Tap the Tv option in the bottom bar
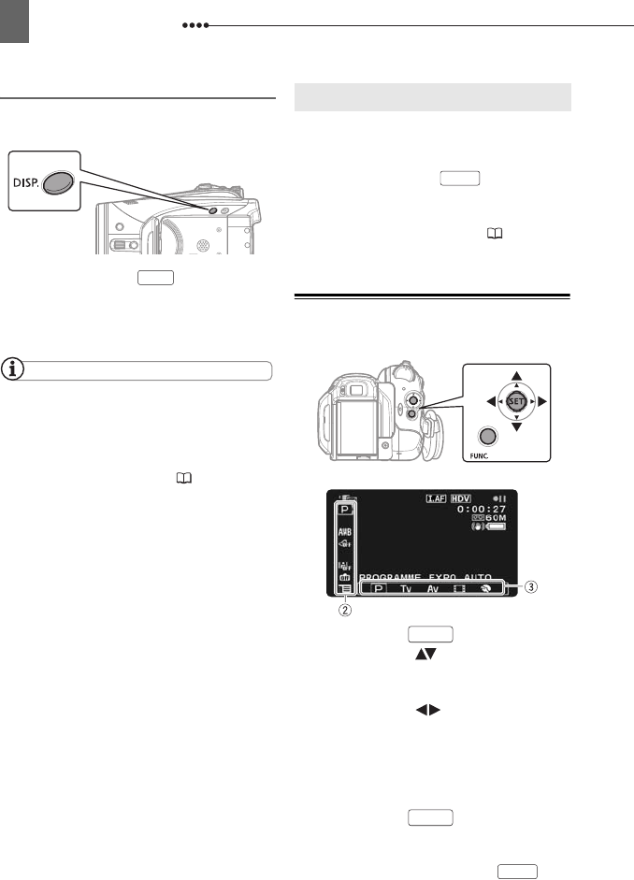[x=405, y=589]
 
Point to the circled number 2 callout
[x=346, y=610]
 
